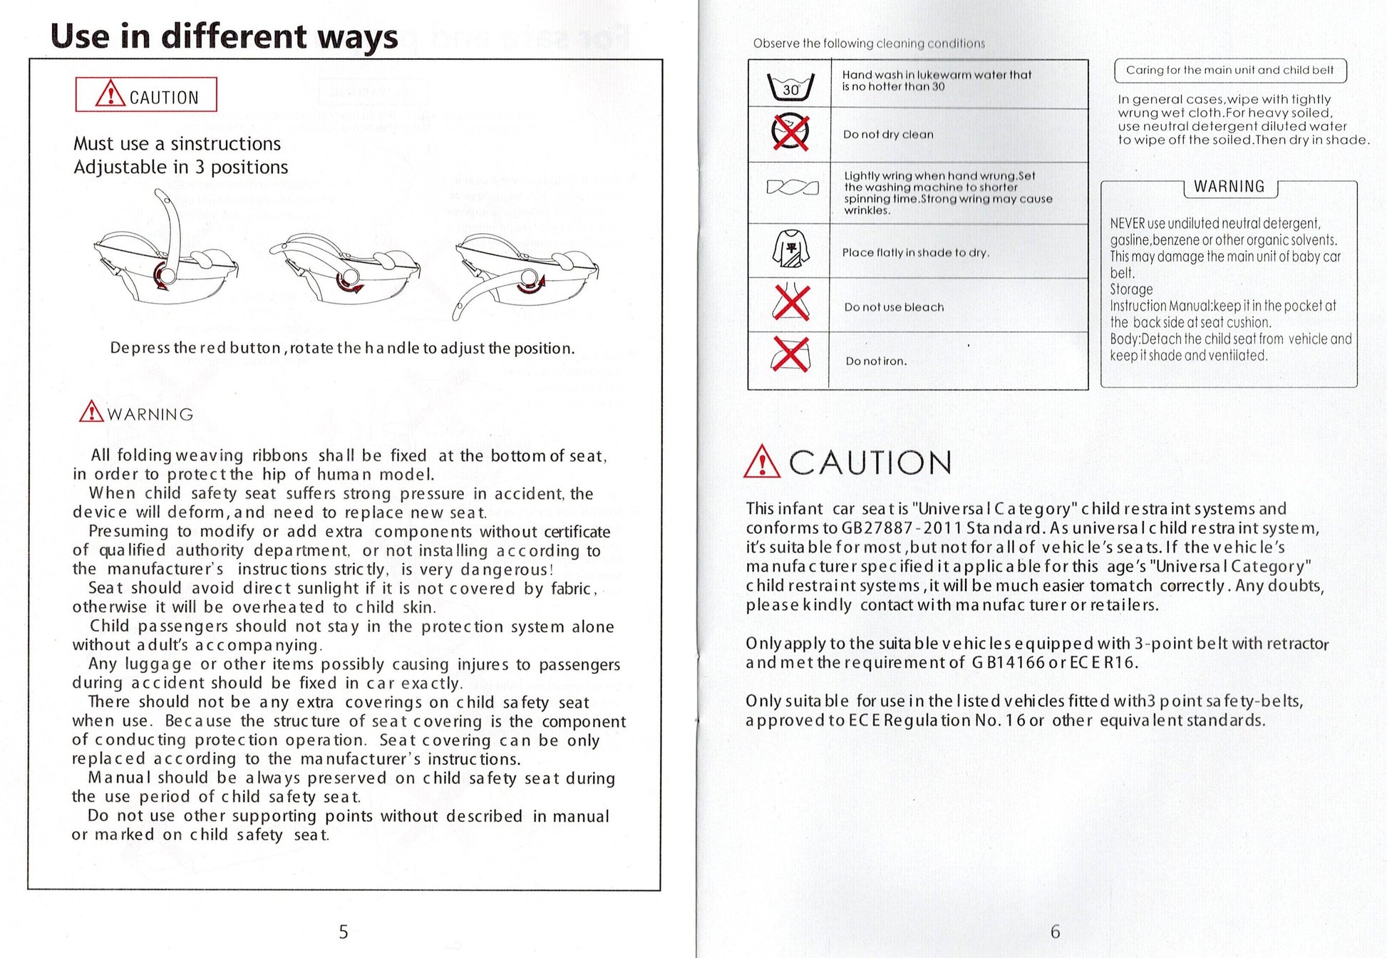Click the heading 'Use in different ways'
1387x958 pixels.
224,36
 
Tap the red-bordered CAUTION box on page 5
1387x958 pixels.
146,95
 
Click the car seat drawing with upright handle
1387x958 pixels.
165,246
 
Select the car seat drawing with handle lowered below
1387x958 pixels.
526,274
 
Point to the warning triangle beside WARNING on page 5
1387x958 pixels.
91,413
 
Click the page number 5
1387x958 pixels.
343,932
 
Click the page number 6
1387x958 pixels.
1055,932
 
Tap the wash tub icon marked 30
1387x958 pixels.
790,86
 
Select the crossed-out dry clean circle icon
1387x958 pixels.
790,133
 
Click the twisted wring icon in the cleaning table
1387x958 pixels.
791,187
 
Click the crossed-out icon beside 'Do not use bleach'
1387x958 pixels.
790,303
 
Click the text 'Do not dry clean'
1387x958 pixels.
887,135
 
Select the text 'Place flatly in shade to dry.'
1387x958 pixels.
915,252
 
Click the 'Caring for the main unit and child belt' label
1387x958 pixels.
1229,70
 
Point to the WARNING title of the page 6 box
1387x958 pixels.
1229,187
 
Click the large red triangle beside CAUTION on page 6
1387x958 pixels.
761,461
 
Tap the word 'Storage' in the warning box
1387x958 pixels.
1131,289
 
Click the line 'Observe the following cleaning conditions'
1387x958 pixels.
869,43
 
